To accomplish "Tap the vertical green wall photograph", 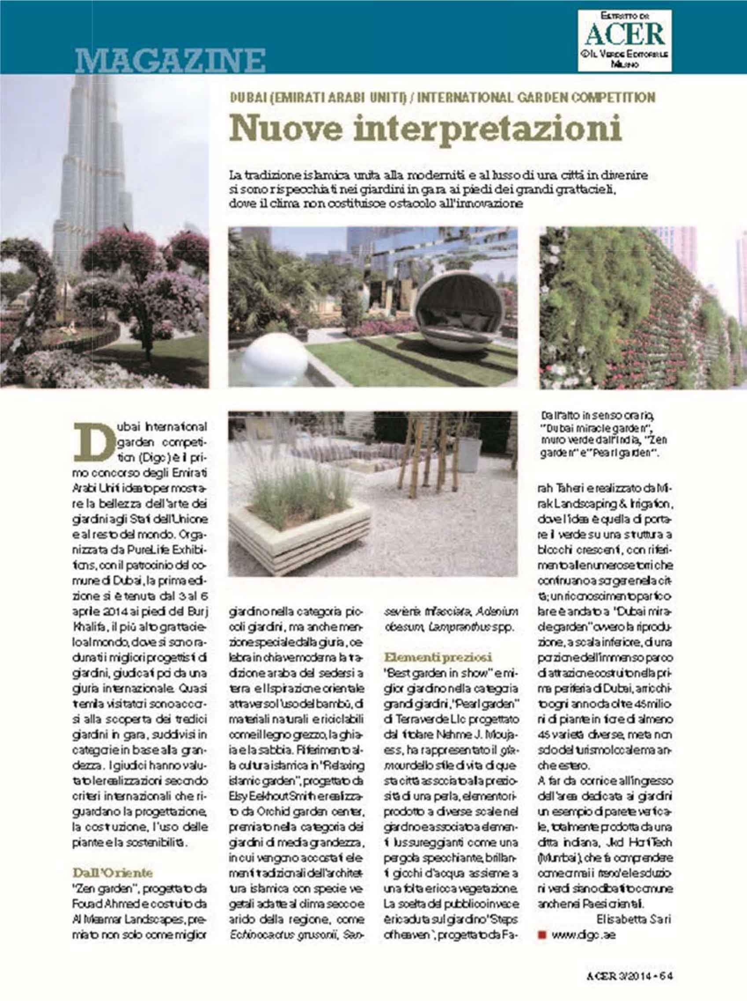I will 642,307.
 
